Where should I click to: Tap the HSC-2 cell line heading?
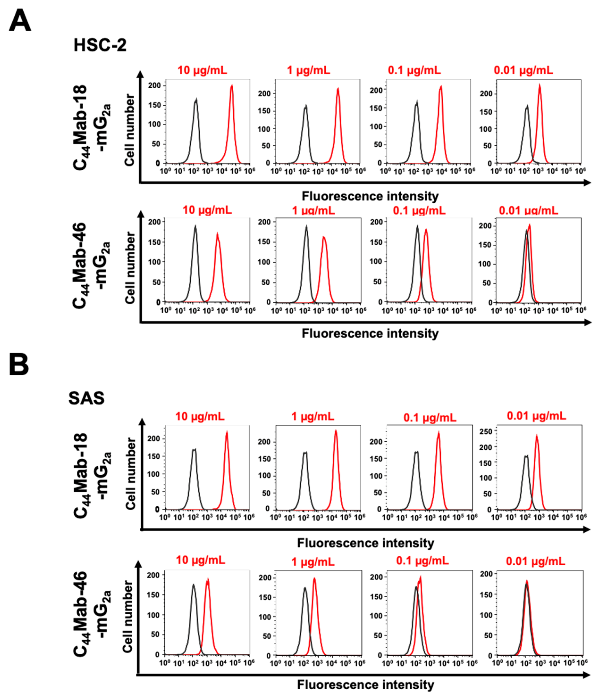pos(100,45)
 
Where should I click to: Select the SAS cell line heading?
pos(86,398)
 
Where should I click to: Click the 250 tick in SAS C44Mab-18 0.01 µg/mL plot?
pos(488,431)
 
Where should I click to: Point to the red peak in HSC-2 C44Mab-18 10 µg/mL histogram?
pos(232,86)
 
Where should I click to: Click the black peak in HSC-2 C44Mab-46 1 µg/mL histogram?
pos(306,227)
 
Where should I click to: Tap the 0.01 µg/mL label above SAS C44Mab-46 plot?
pos(535,562)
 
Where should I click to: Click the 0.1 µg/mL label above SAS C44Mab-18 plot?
pos(430,418)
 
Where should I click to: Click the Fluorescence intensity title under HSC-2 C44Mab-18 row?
pos(370,196)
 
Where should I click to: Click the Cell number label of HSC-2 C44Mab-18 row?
pos(130,130)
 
